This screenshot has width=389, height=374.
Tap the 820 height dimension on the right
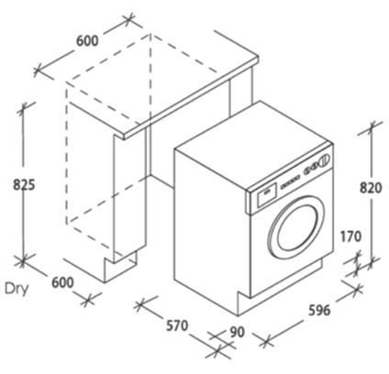click(371, 188)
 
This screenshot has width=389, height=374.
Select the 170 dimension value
click(350, 237)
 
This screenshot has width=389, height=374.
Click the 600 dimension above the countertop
click(87, 40)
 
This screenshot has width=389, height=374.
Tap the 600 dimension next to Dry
click(62, 282)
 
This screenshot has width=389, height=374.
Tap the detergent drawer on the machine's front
click(267, 192)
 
